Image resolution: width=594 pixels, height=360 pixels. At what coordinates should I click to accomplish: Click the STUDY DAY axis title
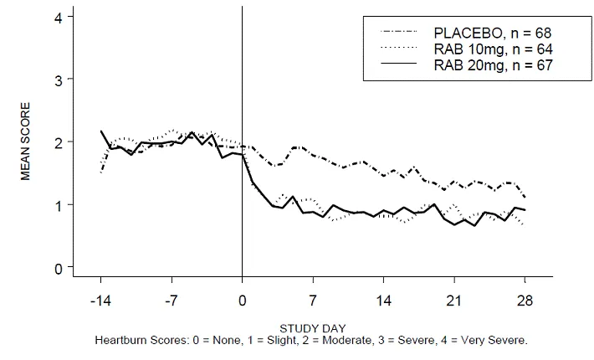[x=312, y=327]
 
